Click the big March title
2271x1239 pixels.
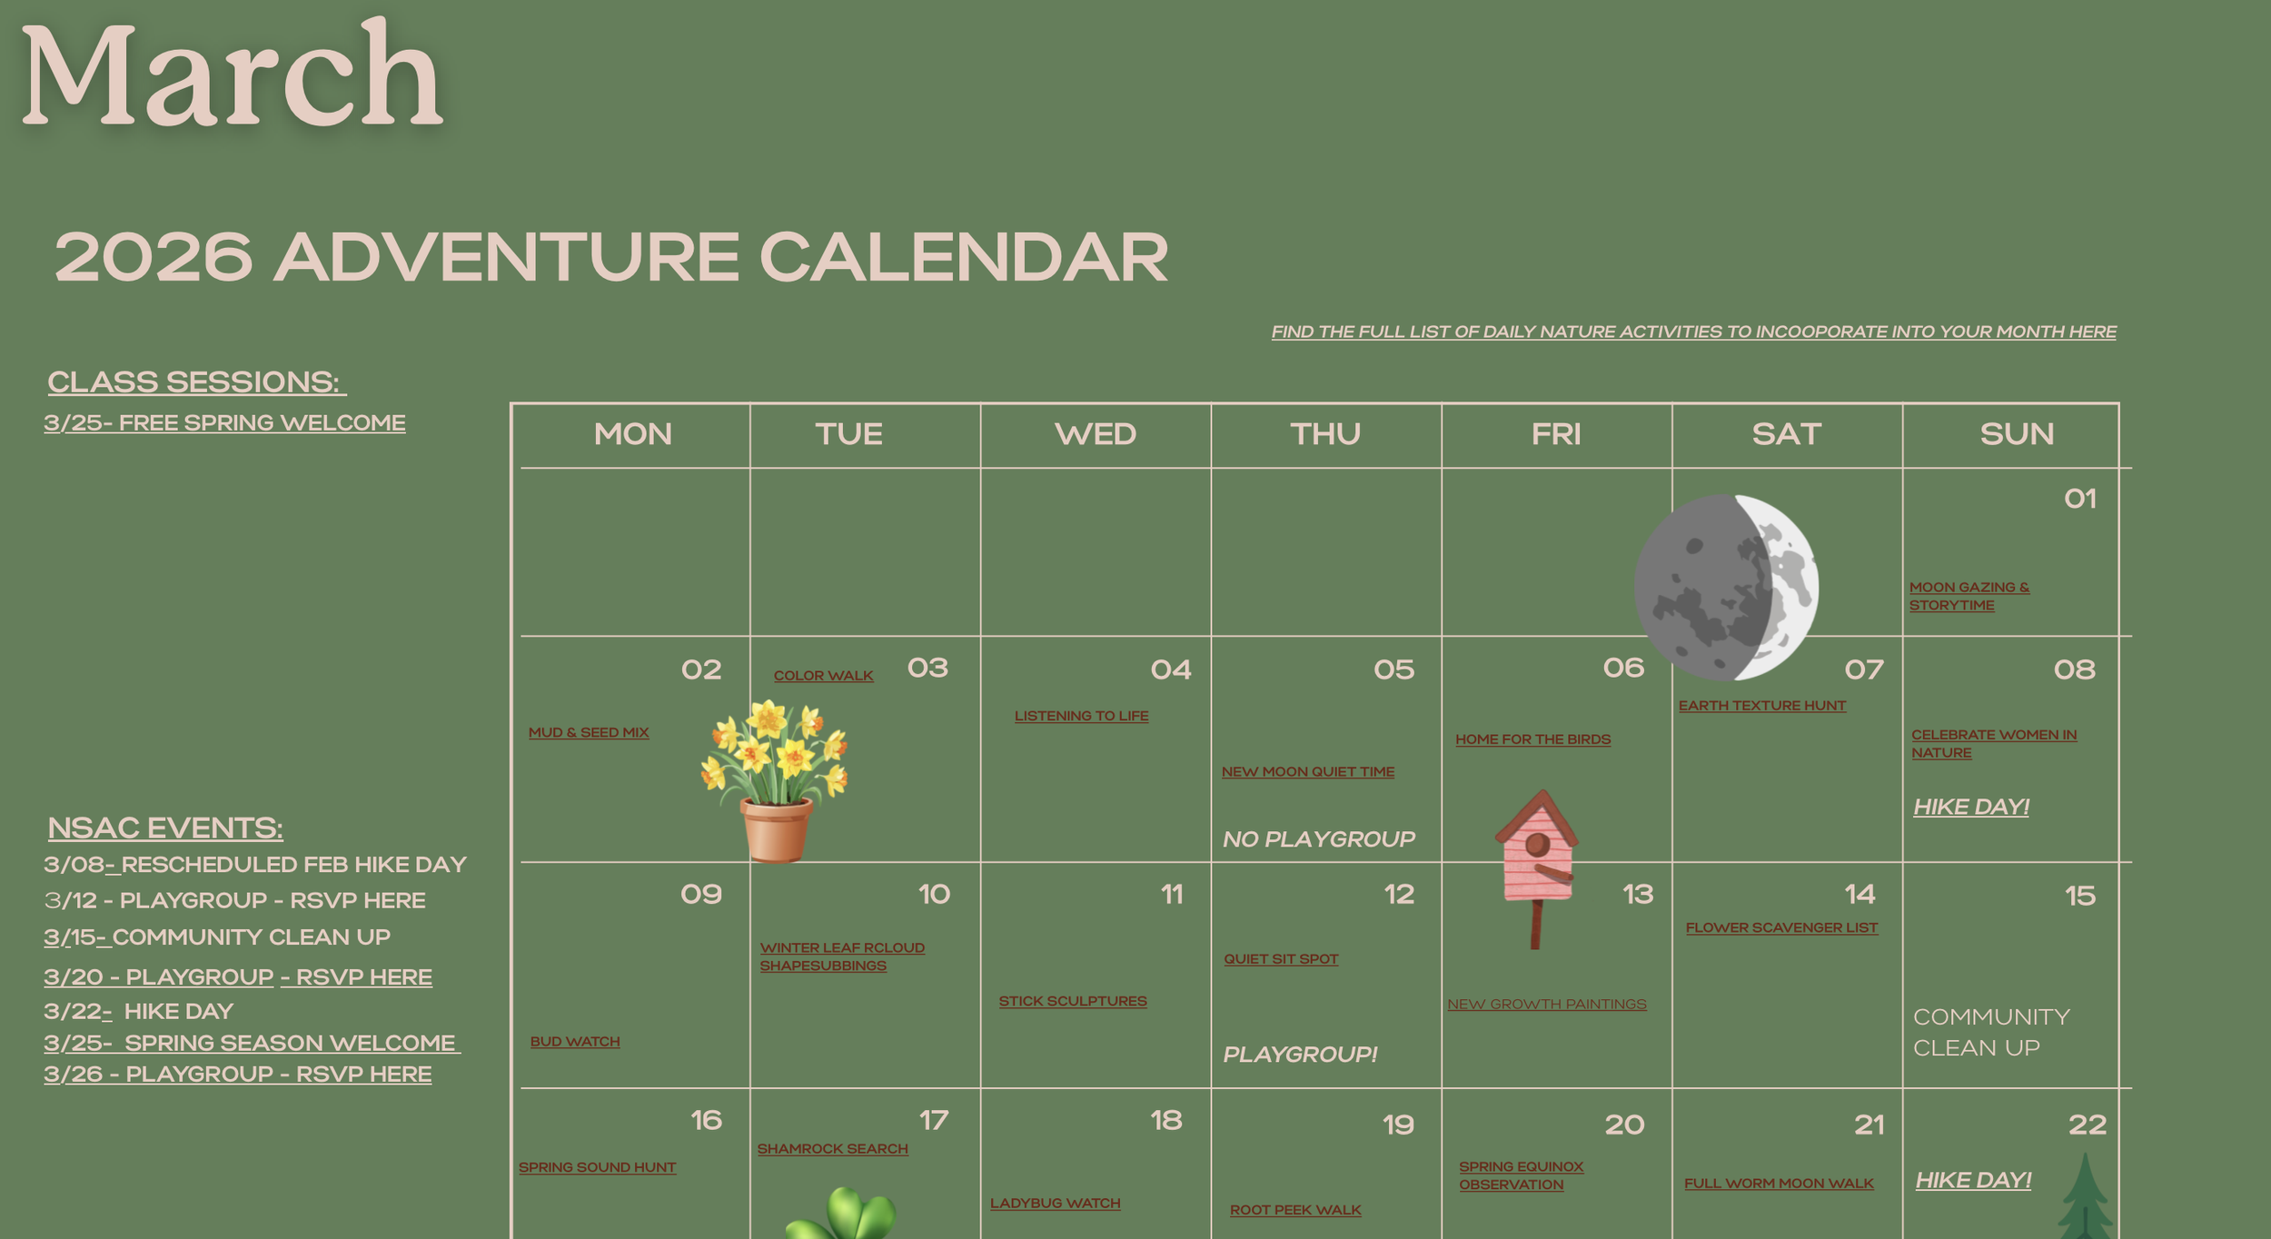[231, 77]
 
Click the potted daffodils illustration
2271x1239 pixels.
[775, 777]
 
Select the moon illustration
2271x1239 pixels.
[1726, 587]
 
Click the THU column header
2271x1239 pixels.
[1325, 434]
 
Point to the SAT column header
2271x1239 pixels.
[1786, 434]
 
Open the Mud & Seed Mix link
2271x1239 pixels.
[589, 732]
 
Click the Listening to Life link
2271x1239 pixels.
[1081, 716]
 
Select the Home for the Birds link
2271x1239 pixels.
[1532, 739]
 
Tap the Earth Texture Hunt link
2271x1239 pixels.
[1761, 706]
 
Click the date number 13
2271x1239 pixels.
[1638, 895]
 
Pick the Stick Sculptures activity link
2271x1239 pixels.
[1073, 1001]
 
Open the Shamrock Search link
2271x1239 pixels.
[832, 1149]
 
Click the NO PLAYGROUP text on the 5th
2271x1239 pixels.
[1318, 839]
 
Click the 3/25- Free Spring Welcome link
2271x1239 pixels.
[224, 423]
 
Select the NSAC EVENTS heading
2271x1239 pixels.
[165, 828]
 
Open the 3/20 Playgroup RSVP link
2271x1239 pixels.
[238, 977]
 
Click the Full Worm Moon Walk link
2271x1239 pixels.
[1779, 1184]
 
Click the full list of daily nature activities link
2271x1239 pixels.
[1693, 332]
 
